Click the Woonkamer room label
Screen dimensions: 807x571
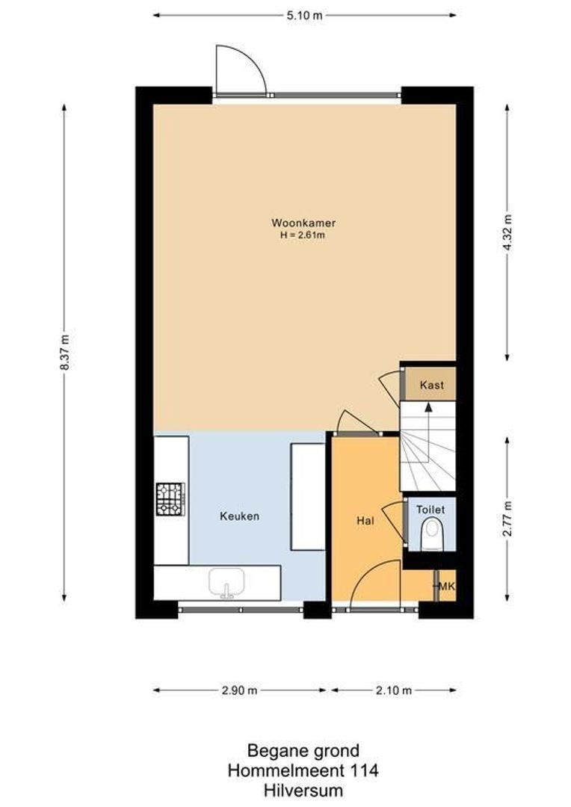pyautogui.click(x=303, y=223)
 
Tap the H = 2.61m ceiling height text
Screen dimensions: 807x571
pyautogui.click(x=303, y=235)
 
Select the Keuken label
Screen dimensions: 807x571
pyautogui.click(x=239, y=516)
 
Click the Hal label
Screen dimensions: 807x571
pyautogui.click(x=365, y=521)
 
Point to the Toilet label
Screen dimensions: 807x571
pyautogui.click(x=430, y=509)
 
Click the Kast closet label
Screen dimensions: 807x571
pyautogui.click(x=432, y=386)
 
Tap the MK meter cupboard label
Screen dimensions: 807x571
pyautogui.click(x=446, y=586)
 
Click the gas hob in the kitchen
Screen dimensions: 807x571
pyautogui.click(x=170, y=499)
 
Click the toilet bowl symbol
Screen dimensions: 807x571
pyautogui.click(x=431, y=535)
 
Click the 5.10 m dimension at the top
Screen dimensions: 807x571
pyautogui.click(x=305, y=15)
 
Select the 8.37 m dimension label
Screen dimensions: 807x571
pyautogui.click(x=64, y=351)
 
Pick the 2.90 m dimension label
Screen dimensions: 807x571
pyautogui.click(x=239, y=690)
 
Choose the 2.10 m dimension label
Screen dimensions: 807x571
pyautogui.click(x=393, y=690)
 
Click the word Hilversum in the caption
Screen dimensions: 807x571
pyautogui.click(x=303, y=789)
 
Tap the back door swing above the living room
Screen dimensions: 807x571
pyautogui.click(x=239, y=71)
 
